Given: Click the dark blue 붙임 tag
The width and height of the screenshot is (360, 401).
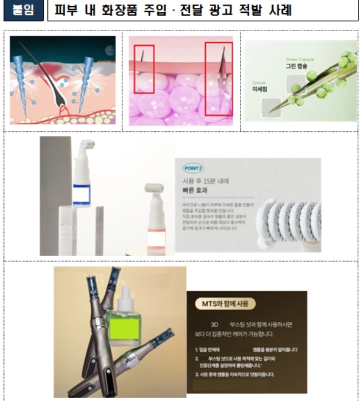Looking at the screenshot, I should click(23, 11).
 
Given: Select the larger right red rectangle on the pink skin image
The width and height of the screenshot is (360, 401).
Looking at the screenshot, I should click(218, 78).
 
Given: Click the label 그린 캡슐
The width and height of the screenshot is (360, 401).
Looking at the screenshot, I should click(296, 65).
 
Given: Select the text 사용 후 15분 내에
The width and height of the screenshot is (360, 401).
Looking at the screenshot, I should click(206, 180).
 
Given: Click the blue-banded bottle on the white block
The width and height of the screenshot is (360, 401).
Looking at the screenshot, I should click(81, 184).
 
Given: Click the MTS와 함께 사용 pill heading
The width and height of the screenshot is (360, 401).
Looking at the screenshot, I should click(225, 304).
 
